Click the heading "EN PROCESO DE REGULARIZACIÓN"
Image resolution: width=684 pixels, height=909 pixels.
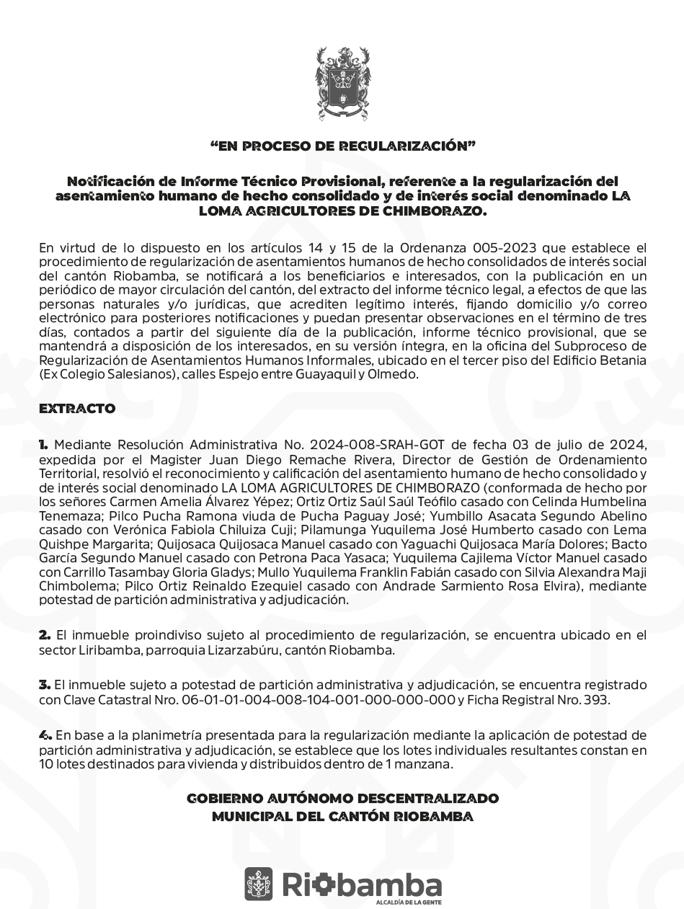[342, 146]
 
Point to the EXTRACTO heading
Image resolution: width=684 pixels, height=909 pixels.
[77, 409]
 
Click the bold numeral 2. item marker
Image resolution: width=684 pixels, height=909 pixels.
[45, 635]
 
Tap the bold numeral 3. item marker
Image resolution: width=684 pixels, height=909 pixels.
[45, 684]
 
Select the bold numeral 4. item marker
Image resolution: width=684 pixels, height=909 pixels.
[45, 735]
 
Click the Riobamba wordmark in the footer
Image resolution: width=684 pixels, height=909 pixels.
[362, 884]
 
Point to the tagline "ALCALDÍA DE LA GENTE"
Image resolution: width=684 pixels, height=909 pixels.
[409, 903]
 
